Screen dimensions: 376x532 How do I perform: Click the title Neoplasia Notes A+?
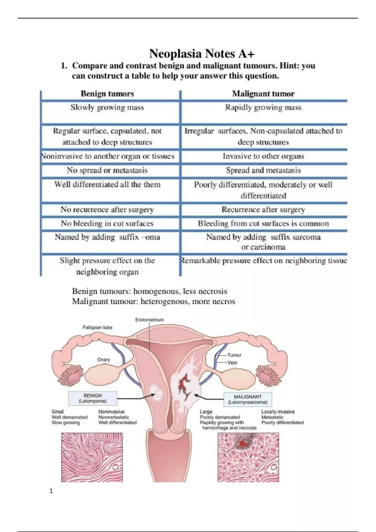202,54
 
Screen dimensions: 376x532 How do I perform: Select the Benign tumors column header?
107,94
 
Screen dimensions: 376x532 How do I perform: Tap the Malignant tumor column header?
263,94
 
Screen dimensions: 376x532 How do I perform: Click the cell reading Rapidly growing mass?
263,108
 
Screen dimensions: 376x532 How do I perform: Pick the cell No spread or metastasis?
107,170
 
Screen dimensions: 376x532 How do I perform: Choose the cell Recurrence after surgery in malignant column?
263,209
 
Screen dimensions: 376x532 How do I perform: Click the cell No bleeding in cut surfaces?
107,223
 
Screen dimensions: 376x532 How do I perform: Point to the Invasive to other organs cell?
263,156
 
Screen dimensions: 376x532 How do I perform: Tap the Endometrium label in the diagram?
149,320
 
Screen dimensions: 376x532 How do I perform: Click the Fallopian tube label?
97,327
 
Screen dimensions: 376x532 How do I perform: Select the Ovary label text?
103,360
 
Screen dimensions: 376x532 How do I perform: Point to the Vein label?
232,363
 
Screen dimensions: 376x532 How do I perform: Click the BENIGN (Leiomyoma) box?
93,398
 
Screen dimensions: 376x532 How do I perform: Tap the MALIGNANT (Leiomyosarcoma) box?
248,399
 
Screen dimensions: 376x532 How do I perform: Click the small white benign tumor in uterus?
156,393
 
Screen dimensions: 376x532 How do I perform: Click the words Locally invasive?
278,412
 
